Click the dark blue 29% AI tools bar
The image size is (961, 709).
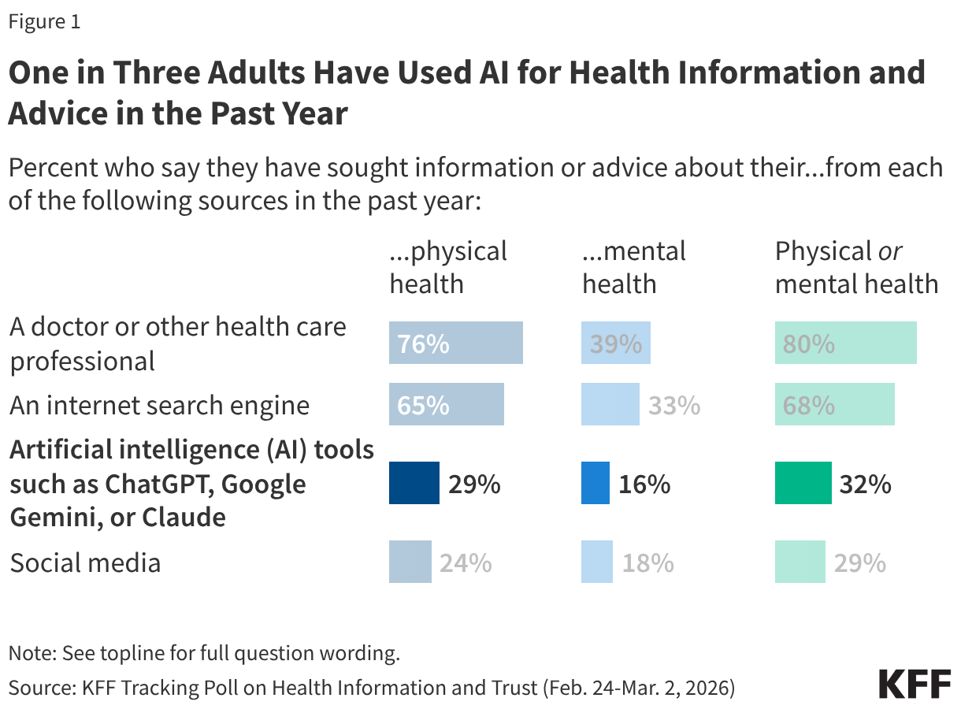pyautogui.click(x=414, y=483)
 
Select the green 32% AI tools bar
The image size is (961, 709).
pyautogui.click(x=803, y=483)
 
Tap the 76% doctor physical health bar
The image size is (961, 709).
pyautogui.click(x=455, y=343)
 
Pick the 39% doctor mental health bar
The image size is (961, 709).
pyautogui.click(x=615, y=343)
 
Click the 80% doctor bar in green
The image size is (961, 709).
pyautogui.click(x=845, y=343)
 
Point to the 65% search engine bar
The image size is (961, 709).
pyautogui.click(x=446, y=404)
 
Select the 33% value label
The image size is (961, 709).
pyautogui.click(x=673, y=406)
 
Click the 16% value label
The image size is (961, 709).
pyautogui.click(x=644, y=484)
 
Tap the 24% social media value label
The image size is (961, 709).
pyautogui.click(x=466, y=562)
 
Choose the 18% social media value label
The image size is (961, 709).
pyautogui.click(x=647, y=562)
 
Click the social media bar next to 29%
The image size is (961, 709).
pyautogui.click(x=800, y=561)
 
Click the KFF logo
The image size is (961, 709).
pyautogui.click(x=914, y=683)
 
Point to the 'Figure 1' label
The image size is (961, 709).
pyautogui.click(x=44, y=22)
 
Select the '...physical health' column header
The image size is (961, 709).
pyautogui.click(x=448, y=266)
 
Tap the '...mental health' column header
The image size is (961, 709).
pyautogui.click(x=633, y=266)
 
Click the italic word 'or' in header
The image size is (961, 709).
pyautogui.click(x=889, y=251)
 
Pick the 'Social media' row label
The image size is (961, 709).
pyautogui.click(x=85, y=562)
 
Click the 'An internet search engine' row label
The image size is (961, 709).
pyautogui.click(x=159, y=406)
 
